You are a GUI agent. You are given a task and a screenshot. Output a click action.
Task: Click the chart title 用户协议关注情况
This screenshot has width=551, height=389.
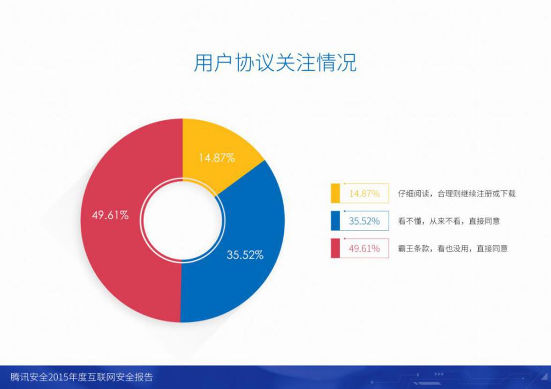point(275,63)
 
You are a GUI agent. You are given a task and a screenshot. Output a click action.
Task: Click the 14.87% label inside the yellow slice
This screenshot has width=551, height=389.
point(217,158)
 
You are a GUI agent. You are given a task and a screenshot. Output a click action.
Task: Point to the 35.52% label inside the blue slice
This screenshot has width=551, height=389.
point(245,255)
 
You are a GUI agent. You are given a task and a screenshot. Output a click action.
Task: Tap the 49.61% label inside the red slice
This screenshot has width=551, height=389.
point(110,215)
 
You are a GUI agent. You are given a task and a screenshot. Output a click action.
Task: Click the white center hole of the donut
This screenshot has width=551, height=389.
point(183,221)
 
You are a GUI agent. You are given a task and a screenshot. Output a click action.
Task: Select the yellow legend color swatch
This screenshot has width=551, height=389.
point(335,193)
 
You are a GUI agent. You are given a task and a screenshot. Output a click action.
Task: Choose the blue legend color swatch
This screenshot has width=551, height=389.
point(335,221)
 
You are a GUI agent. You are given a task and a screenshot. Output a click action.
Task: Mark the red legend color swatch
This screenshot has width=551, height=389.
point(335,248)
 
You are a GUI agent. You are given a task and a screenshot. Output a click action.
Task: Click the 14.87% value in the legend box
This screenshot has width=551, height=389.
point(365,193)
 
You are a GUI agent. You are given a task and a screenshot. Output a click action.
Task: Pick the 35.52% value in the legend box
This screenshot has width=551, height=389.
point(365,221)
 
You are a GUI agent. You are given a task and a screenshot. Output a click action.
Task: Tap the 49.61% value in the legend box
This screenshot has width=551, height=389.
point(365,249)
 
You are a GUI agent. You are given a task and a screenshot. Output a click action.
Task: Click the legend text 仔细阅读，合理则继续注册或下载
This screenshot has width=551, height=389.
point(457,193)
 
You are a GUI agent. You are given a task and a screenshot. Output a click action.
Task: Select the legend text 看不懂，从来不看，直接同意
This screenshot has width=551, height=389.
point(449,221)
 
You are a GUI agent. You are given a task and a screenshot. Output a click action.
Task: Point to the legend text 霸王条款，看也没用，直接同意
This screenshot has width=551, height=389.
point(453,249)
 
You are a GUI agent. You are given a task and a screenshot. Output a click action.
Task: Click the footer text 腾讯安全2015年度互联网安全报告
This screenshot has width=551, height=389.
point(82,377)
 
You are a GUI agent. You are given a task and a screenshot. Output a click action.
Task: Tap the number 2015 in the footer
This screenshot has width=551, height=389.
point(58,377)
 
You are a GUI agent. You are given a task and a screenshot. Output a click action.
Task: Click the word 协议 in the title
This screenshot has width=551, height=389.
point(255,63)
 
